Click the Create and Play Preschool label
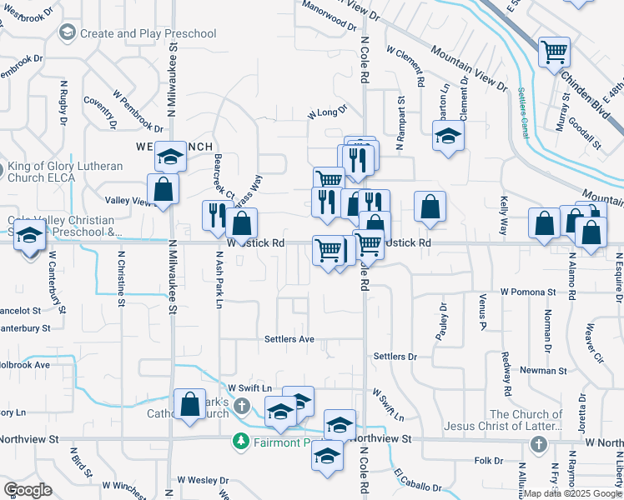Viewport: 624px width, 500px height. click(148, 33)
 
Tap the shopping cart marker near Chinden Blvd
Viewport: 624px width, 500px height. click(554, 52)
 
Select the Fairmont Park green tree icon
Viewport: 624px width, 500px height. click(241, 441)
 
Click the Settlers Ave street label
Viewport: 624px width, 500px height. click(289, 339)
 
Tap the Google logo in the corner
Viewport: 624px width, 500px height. click(28, 489)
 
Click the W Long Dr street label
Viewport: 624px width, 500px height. click(327, 113)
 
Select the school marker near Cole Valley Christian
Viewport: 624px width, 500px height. click(30, 236)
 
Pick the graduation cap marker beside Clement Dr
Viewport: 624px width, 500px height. click(448, 136)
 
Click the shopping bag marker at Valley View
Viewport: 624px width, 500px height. click(163, 189)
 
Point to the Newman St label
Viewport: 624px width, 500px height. click(542, 370)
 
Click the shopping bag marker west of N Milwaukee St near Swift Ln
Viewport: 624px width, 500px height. click(190, 404)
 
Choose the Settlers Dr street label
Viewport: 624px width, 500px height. click(395, 357)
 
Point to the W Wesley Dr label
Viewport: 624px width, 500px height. click(200, 481)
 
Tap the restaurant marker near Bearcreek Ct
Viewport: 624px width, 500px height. click(214, 215)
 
